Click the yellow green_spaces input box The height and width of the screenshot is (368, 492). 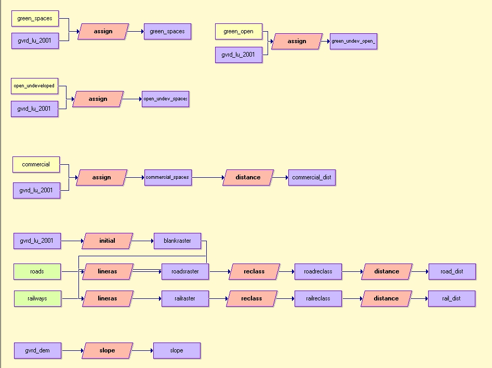[x=35, y=19]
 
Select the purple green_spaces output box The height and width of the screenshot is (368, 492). [x=167, y=32]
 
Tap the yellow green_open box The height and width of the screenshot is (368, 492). [x=238, y=32]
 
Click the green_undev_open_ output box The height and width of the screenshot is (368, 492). [x=353, y=41]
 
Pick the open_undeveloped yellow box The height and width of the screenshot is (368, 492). [x=34, y=86]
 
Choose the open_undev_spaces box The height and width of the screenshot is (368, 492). [x=165, y=99]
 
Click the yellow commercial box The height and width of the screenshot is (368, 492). [x=36, y=165]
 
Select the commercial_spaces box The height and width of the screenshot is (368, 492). [x=167, y=178]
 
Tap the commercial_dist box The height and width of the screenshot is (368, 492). [x=312, y=178]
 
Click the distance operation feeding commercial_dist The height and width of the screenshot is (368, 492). [x=248, y=178]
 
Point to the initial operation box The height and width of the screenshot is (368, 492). [x=107, y=241]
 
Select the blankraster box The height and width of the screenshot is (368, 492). [x=177, y=241]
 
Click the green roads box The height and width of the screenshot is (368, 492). [x=37, y=271]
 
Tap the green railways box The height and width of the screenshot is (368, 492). [x=37, y=299]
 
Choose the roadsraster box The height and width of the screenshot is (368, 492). [x=184, y=271]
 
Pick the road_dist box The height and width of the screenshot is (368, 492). [x=452, y=271]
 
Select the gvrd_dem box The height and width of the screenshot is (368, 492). [x=37, y=351]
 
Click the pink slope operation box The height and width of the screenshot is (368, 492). [x=107, y=351]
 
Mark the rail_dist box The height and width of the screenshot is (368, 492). [x=451, y=299]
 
